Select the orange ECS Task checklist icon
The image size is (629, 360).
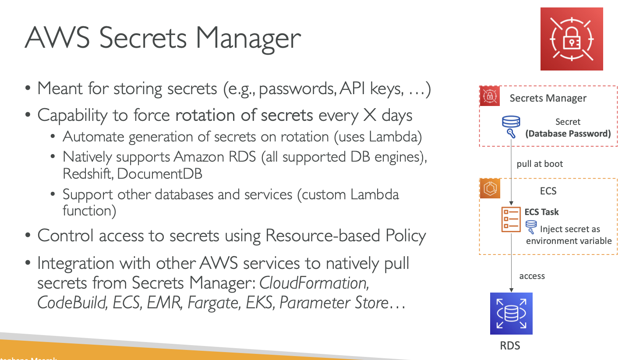[x=511, y=219]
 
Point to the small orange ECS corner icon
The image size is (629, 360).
[x=490, y=189]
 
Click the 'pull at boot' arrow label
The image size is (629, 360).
[x=540, y=164]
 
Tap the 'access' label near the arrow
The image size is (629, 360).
[x=532, y=276]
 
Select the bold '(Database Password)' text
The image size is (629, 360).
[x=568, y=134]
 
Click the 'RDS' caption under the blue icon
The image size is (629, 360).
[x=510, y=346]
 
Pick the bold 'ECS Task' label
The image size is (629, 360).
[x=542, y=212]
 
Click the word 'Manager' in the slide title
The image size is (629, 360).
[x=248, y=38]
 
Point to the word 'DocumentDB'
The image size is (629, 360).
[x=160, y=173]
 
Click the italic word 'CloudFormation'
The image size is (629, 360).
[x=314, y=283]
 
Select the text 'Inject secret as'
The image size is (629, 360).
[x=570, y=229]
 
